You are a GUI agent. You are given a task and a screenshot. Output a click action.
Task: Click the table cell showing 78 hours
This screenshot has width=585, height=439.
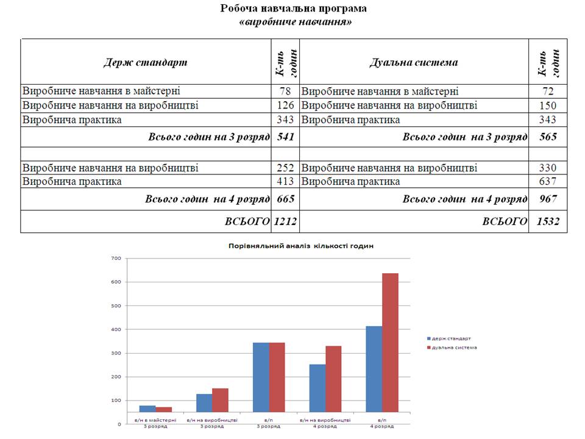[285, 91]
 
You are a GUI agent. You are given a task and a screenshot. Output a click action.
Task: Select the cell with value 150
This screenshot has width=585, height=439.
[548, 105]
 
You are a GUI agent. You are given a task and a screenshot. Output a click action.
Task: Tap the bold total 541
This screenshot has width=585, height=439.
[286, 137]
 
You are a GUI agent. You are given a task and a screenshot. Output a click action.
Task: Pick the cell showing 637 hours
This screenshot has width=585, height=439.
[548, 182]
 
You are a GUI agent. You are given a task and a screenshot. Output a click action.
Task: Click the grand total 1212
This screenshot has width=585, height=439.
[285, 221]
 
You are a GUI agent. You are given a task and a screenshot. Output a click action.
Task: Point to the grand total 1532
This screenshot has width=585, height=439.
[548, 221]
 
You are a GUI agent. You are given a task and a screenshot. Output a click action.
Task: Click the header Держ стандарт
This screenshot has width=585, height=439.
[146, 62]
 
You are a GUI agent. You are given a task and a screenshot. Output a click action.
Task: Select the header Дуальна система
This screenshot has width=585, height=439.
[414, 62]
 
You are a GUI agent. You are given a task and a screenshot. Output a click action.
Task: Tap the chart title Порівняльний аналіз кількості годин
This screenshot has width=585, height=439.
[300, 246]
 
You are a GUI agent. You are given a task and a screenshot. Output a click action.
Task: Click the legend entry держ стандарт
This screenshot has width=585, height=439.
[449, 338]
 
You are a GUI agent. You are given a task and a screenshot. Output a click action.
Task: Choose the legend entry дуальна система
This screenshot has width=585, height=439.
[452, 348]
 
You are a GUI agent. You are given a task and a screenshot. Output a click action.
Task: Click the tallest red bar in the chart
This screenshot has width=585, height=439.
[390, 343]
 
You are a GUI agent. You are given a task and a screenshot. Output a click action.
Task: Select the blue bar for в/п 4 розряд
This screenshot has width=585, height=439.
[374, 369]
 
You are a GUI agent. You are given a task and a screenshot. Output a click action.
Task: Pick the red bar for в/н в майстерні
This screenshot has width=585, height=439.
[164, 410]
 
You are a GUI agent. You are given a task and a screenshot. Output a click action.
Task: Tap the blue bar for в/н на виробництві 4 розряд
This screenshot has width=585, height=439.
[317, 388]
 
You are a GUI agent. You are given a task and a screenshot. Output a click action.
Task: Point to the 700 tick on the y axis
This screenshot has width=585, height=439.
[116, 259]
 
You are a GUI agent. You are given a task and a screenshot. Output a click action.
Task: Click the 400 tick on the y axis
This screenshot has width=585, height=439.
[116, 330]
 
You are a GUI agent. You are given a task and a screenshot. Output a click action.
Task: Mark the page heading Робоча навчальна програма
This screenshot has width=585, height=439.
[293, 8]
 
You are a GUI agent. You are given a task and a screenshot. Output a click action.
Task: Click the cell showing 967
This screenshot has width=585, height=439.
[548, 199]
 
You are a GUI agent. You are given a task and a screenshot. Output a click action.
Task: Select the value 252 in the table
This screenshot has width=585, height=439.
[285, 168]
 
